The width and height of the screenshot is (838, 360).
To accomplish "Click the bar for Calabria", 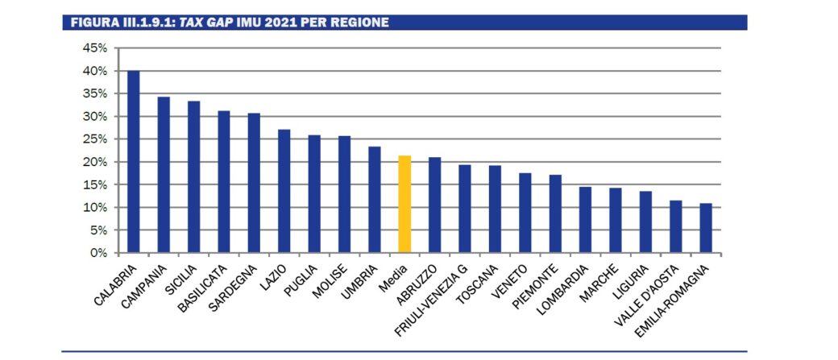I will [133, 162].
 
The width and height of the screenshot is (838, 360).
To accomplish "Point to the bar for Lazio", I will [284, 191].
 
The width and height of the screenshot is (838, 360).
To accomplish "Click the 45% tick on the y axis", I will [96, 48].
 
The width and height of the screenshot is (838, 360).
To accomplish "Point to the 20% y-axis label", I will [96, 162].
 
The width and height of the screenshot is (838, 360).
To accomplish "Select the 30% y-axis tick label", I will [96, 117].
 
